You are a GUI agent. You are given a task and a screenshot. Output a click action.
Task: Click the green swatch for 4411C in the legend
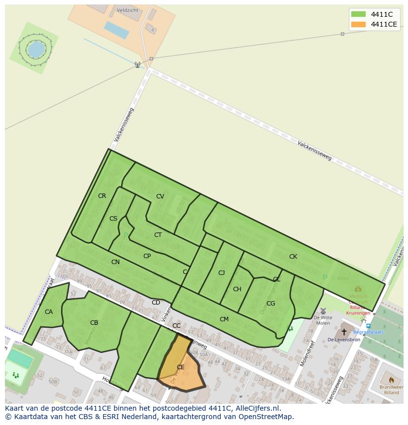[358, 14]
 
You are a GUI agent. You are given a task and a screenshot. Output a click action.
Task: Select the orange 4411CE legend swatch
[358, 24]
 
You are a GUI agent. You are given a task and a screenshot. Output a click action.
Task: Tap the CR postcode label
[102, 196]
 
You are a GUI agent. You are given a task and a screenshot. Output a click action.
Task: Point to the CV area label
[160, 196]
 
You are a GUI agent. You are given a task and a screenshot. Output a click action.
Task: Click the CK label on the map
[293, 257]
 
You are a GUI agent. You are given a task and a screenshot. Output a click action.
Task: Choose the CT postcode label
[158, 235]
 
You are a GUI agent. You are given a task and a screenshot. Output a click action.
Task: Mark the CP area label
[147, 256]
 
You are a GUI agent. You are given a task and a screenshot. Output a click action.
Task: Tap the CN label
[115, 262]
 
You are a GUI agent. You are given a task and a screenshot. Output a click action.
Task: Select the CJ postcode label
[221, 273]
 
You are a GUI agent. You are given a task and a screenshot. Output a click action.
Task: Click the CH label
[237, 289]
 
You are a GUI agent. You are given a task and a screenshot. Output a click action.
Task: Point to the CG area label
[271, 304]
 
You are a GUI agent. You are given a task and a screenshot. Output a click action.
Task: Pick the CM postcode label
[224, 319]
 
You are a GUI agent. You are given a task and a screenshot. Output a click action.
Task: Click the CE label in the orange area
[180, 367]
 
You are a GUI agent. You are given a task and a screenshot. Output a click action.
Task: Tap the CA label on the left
[49, 312]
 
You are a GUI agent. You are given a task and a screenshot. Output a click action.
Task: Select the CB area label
[94, 323]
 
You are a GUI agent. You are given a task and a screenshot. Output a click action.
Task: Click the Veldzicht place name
[128, 10]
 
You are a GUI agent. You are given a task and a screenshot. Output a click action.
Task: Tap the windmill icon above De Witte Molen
[323, 311]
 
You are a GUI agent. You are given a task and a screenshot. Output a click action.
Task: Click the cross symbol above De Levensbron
[344, 332]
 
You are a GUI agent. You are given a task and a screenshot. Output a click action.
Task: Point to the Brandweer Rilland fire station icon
[392, 380]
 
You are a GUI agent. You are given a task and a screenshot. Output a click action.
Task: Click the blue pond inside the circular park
[35, 48]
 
